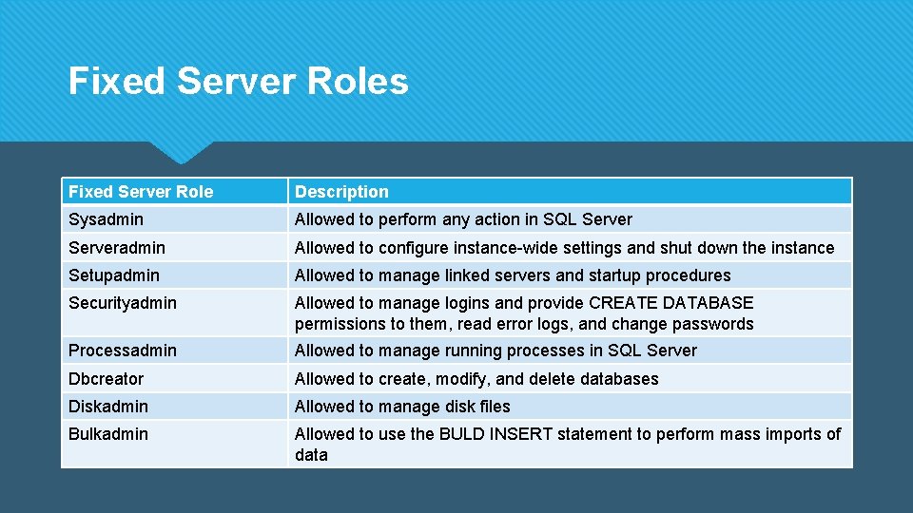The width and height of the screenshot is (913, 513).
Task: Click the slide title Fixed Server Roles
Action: (x=238, y=82)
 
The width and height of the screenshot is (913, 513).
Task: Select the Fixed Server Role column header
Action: (x=141, y=192)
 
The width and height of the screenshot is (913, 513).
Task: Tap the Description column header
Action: (x=341, y=192)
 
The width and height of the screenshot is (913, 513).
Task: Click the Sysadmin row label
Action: (x=106, y=219)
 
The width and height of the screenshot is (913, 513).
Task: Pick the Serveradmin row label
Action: (x=116, y=248)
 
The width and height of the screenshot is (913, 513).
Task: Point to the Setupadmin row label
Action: (x=114, y=275)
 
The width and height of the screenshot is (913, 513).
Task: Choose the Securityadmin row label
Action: (x=123, y=303)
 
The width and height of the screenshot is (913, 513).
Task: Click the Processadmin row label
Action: (x=123, y=351)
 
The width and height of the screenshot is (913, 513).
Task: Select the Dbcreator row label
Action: (x=106, y=379)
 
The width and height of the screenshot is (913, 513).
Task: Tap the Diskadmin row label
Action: (x=108, y=407)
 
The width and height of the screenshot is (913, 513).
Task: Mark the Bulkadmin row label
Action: (x=108, y=434)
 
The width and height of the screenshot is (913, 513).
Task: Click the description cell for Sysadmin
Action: (x=463, y=219)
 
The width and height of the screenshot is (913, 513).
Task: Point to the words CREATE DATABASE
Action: (x=671, y=303)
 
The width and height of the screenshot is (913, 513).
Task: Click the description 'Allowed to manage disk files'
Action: (x=402, y=407)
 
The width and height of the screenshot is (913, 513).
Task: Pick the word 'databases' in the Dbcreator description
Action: (x=619, y=379)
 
